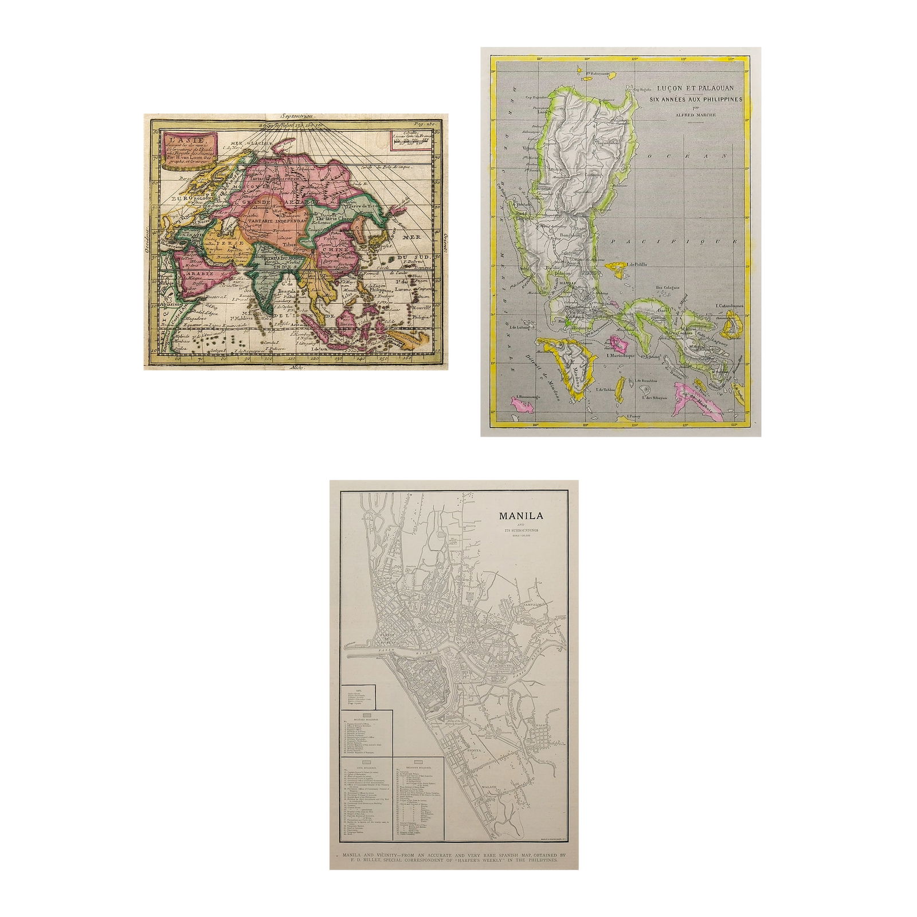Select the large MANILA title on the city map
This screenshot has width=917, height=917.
coord(521,515)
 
